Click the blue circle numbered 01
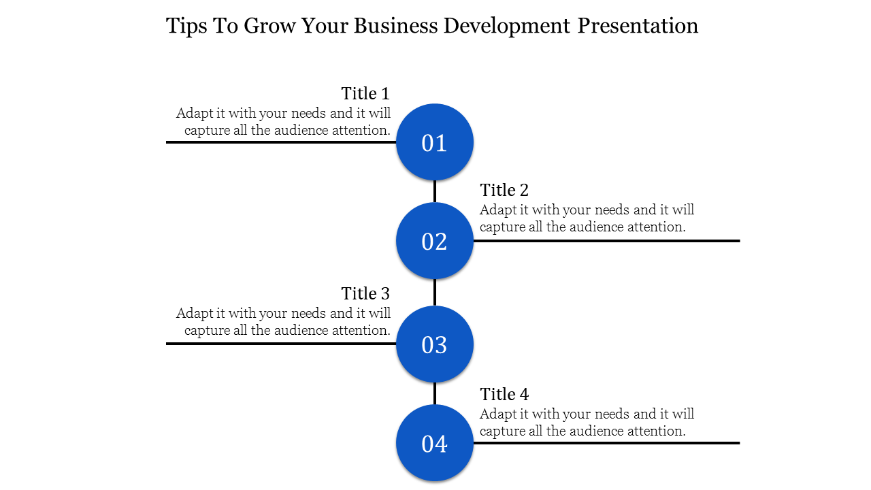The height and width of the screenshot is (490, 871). point(435,142)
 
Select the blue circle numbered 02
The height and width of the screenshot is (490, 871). point(435,241)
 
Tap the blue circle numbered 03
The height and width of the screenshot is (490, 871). point(435,344)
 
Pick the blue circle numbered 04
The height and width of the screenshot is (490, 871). point(435,443)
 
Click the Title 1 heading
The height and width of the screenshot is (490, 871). point(365,93)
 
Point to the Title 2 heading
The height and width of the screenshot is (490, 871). point(504,190)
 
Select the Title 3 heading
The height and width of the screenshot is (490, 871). point(365,293)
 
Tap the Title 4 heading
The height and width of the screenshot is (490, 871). point(504,394)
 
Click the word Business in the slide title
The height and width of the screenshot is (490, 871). point(396,26)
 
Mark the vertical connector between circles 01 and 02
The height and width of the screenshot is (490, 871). point(435,191)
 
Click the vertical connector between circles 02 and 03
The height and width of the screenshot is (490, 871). point(435,293)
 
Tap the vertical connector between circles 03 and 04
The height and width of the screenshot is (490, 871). point(435,393)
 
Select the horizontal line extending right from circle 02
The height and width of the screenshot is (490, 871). point(606,241)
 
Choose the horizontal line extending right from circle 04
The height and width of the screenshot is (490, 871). point(606,443)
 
